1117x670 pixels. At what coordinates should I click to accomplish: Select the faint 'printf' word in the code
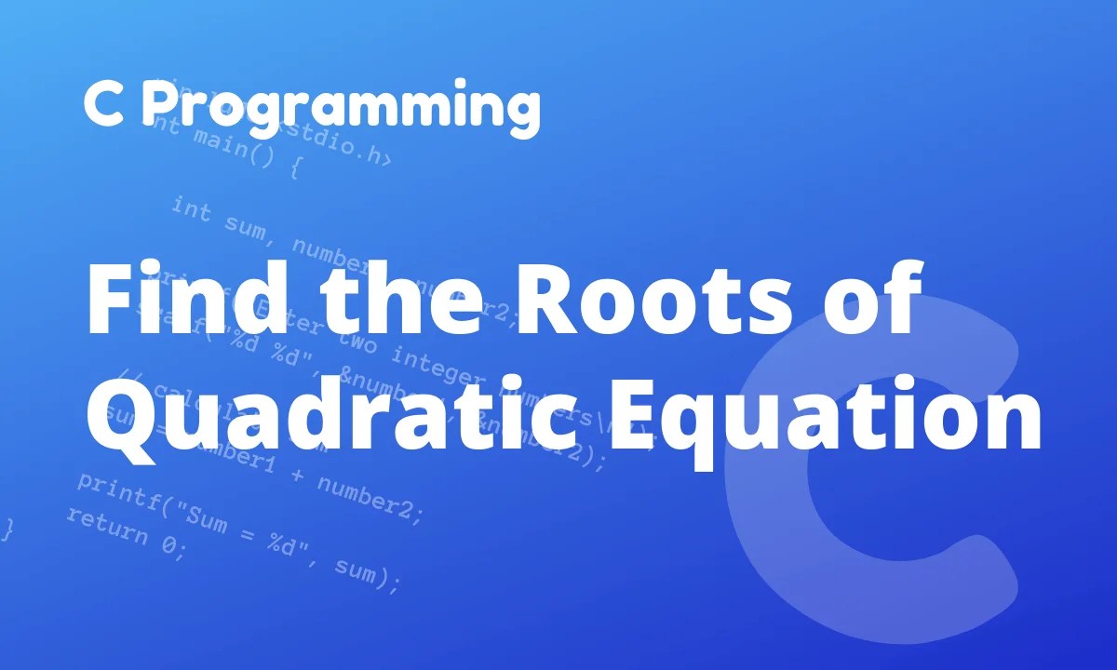point(111,489)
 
